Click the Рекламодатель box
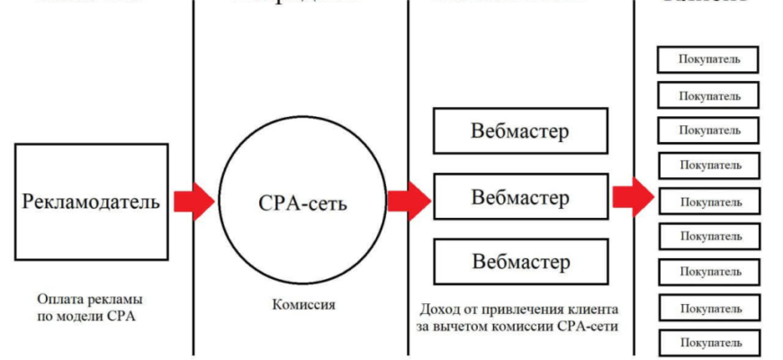[91, 202]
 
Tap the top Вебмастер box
[519, 130]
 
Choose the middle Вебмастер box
[519, 197]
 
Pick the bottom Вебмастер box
[519, 263]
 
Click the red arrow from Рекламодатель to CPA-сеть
[193, 201]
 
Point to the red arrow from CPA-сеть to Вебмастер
[409, 201]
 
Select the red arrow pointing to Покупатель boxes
[633, 197]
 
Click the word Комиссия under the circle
[303, 304]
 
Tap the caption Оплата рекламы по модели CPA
[91, 307]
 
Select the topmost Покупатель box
[710, 59]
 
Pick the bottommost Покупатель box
[710, 343]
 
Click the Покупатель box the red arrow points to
[710, 201]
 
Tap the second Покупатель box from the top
[710, 95]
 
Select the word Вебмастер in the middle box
[519, 197]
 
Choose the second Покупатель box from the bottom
[710, 307]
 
